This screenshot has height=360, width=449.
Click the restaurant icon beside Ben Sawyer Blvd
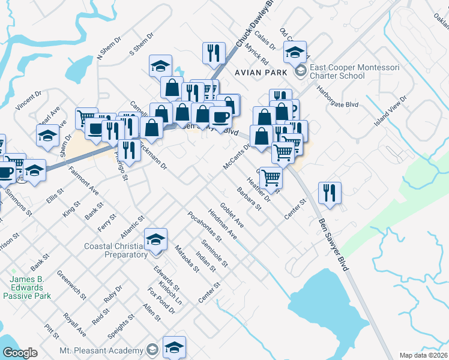[330, 193]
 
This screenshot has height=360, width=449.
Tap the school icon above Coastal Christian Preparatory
[156, 241]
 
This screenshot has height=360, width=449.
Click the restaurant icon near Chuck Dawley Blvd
[212, 53]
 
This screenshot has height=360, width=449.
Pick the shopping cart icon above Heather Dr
[271, 177]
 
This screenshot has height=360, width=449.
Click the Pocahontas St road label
[204, 227]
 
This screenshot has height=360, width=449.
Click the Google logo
[20, 353]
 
